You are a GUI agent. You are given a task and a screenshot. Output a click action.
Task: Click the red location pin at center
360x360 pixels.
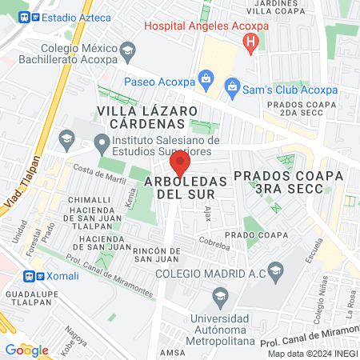coord(181,164)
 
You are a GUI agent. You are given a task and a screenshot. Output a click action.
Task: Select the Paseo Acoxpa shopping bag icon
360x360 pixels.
coord(206,78)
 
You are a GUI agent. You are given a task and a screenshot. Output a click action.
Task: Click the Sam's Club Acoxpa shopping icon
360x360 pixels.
coord(232,85)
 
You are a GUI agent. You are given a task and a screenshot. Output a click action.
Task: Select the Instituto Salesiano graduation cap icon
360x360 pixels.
coord(102,145)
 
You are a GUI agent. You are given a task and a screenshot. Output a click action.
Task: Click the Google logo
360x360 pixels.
coord(26,350)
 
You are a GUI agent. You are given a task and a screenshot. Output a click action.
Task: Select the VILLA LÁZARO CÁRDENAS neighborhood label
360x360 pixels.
coord(142,117)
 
